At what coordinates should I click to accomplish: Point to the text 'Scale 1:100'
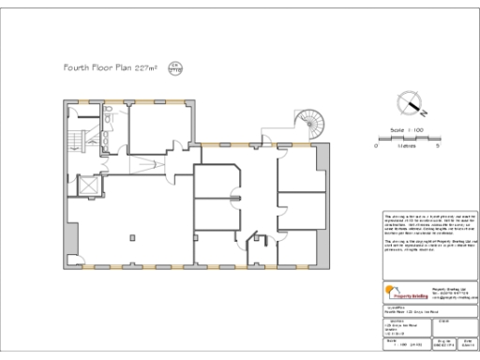click(x=404, y=130)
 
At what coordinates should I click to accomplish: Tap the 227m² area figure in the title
click(x=145, y=68)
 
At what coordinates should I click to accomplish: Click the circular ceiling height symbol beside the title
click(x=172, y=67)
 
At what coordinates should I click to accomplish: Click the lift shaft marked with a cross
click(x=88, y=185)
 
